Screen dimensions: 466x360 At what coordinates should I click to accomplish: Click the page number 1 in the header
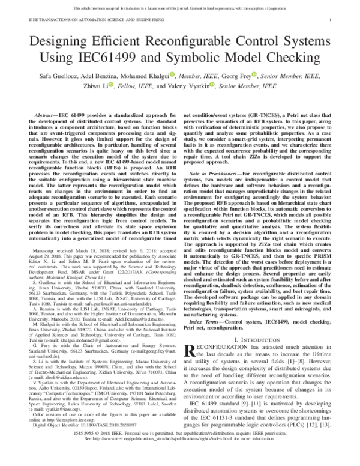[331, 20]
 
